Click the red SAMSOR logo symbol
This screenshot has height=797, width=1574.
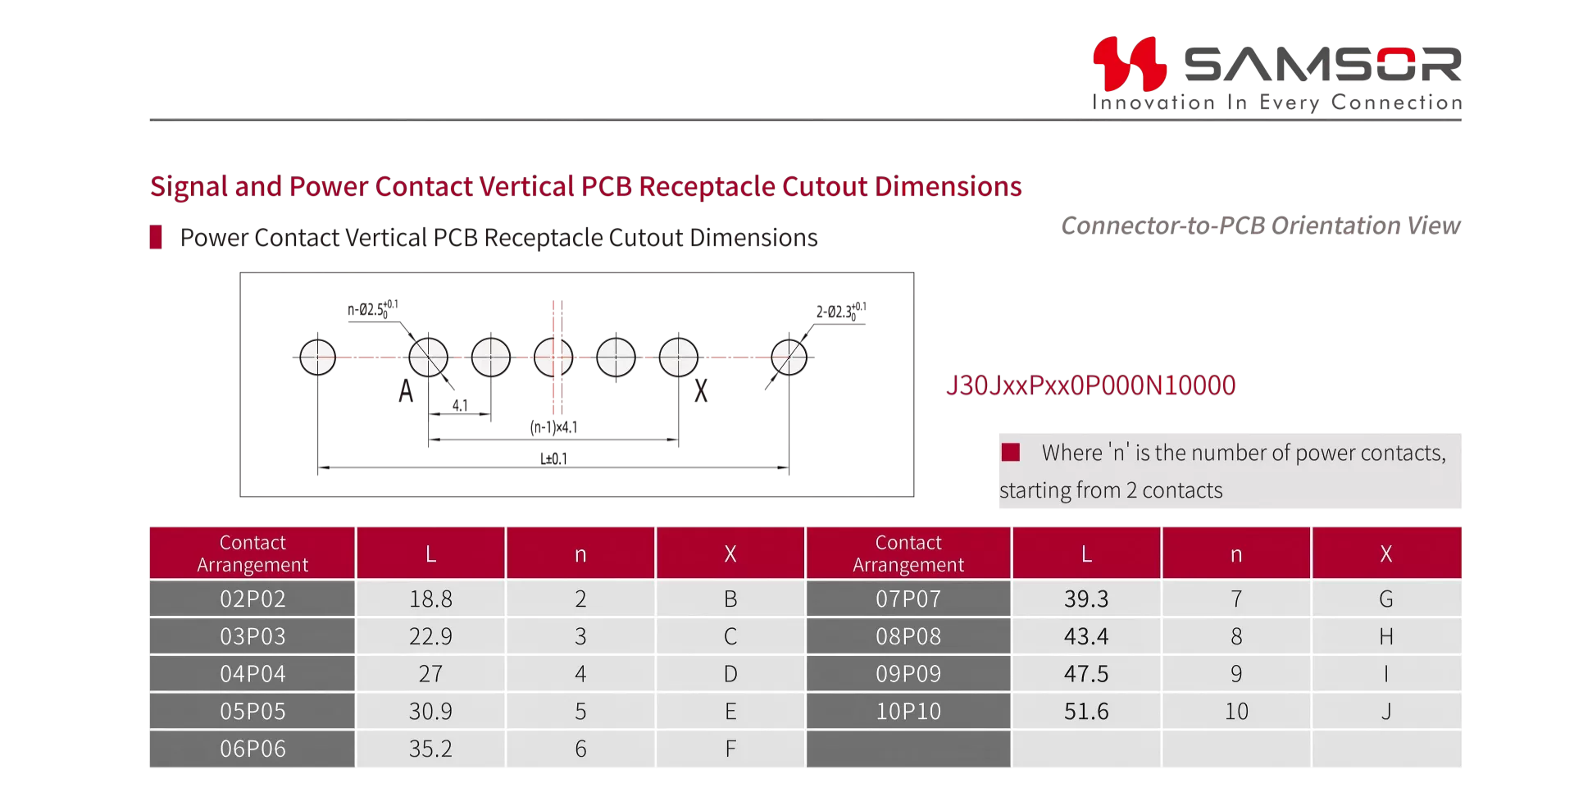(x=1130, y=63)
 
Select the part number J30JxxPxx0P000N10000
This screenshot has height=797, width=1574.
(x=1090, y=385)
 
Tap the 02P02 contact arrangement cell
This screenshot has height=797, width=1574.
(x=252, y=599)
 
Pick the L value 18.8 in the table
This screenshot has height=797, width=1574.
(x=431, y=599)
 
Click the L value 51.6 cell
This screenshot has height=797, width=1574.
(x=1086, y=711)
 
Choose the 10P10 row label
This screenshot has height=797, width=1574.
(x=908, y=711)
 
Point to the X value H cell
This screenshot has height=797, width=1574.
(x=1386, y=636)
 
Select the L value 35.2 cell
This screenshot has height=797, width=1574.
(x=431, y=749)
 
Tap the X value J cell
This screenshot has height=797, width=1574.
(x=1386, y=711)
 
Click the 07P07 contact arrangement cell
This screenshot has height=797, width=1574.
(x=908, y=599)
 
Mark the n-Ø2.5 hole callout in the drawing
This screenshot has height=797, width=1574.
(x=373, y=309)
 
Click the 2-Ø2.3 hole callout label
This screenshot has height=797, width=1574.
(x=841, y=312)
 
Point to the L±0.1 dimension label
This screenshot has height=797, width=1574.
(x=553, y=458)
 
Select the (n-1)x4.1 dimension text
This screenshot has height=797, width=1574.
(x=553, y=427)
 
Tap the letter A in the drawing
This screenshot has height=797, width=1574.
(x=406, y=391)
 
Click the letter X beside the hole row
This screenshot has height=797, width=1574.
(x=701, y=391)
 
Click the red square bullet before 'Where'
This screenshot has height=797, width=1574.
(x=1011, y=452)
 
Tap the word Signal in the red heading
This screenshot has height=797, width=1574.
(x=189, y=187)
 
